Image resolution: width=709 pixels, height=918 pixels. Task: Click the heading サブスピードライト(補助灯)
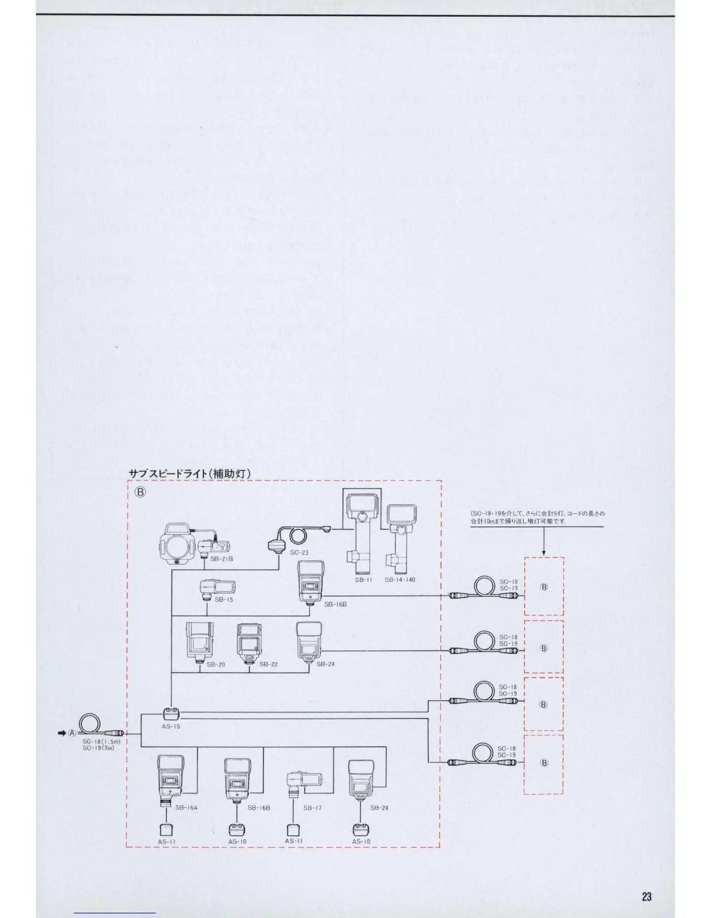[x=189, y=473]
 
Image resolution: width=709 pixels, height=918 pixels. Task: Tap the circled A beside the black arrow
[x=72, y=733]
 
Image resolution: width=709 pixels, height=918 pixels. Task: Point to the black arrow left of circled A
[x=61, y=733]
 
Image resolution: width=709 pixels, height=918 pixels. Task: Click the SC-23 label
[x=299, y=552]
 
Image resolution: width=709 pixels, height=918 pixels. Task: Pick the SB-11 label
[x=363, y=580]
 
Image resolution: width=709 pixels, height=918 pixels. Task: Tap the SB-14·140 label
[x=400, y=580]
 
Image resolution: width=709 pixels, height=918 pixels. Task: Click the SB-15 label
[x=224, y=599]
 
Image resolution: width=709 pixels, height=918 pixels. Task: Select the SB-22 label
[x=269, y=664]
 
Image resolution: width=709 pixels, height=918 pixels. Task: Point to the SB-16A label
[x=186, y=807]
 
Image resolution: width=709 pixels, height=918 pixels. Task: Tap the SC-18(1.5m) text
[x=101, y=741]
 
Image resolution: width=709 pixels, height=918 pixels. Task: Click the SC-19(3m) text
[x=98, y=748]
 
